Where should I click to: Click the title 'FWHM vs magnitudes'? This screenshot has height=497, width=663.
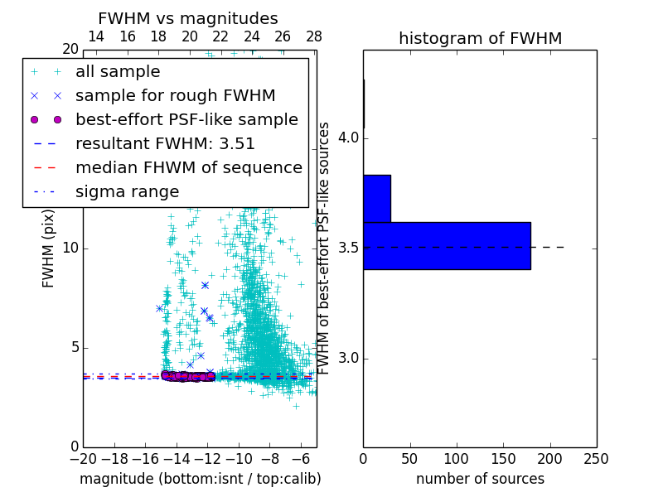pos(188,18)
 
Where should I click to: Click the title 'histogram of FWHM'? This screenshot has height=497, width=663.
pos(480,38)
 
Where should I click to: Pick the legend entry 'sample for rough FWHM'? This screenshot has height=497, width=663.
pos(175,96)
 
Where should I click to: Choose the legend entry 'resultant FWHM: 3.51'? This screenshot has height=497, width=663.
pos(165,144)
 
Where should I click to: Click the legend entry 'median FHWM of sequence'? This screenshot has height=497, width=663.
pos(188,168)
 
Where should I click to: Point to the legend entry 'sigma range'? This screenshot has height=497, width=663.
pos(127,192)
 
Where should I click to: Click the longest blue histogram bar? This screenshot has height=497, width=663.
pos(447,245)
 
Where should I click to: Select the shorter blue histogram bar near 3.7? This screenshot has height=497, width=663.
pos(377,198)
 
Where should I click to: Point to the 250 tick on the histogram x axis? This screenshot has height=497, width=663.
pos(596,458)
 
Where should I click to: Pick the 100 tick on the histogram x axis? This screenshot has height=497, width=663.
pos(457,458)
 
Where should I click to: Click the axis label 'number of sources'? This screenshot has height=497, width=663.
pos(480,479)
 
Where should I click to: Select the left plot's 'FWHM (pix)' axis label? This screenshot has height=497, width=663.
pos(49,248)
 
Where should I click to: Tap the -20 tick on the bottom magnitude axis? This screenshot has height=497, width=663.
pos(83,458)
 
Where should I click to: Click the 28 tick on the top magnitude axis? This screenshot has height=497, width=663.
pos(313,36)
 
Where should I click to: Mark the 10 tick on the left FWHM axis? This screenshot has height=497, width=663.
pos(70,248)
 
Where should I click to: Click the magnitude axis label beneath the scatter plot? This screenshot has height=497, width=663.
pos(200,479)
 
